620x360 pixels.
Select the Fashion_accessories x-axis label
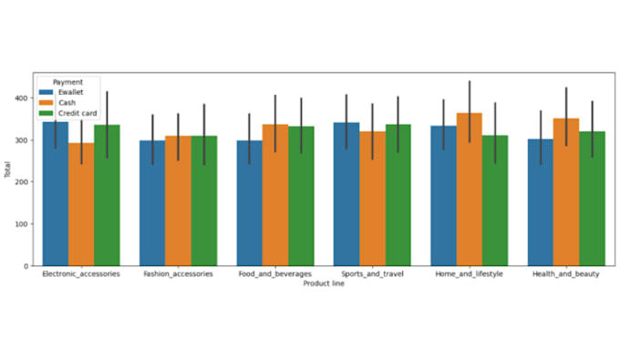[178, 274]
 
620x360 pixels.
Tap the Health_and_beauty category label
[566, 274]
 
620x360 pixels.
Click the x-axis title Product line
[324, 283]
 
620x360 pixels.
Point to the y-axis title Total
[7, 169]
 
